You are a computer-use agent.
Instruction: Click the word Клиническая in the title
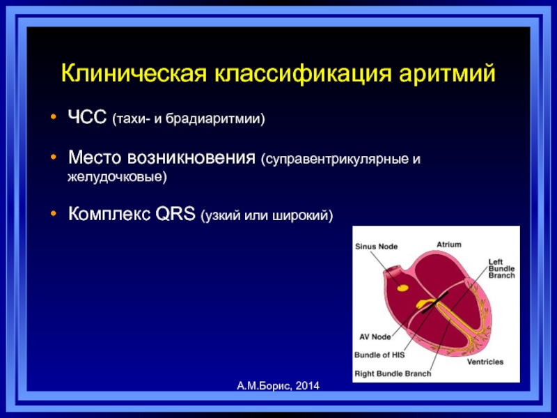(x=134, y=74)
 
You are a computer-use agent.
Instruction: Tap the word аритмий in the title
(x=446, y=75)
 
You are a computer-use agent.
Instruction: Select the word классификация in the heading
(x=302, y=75)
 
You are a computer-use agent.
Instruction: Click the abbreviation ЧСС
(x=87, y=116)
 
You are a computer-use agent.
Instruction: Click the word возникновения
(x=191, y=157)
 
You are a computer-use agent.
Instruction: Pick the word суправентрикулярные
(x=335, y=159)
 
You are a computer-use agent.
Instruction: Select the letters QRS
(x=175, y=214)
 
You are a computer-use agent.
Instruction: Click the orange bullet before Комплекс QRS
(x=54, y=214)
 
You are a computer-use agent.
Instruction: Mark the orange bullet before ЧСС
(x=54, y=116)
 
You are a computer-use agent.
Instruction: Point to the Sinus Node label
(x=376, y=247)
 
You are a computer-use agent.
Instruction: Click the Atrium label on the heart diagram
(x=449, y=245)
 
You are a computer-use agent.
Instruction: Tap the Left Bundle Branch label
(x=501, y=269)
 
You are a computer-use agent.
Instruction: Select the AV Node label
(x=375, y=336)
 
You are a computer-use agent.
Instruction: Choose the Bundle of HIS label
(x=379, y=355)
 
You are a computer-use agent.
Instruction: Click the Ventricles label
(x=485, y=362)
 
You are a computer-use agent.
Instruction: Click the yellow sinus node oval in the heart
(x=402, y=288)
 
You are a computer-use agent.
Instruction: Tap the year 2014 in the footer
(x=307, y=386)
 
